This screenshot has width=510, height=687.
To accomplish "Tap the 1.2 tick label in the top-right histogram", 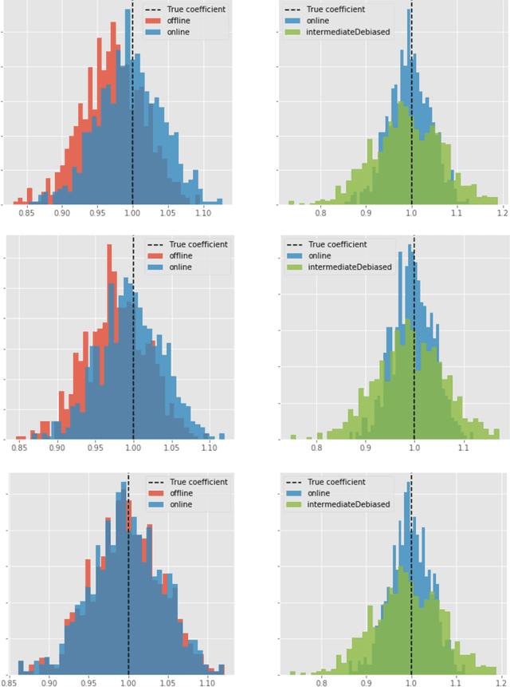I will click(x=501, y=213).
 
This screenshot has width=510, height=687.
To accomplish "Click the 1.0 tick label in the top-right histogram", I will click(x=411, y=213).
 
